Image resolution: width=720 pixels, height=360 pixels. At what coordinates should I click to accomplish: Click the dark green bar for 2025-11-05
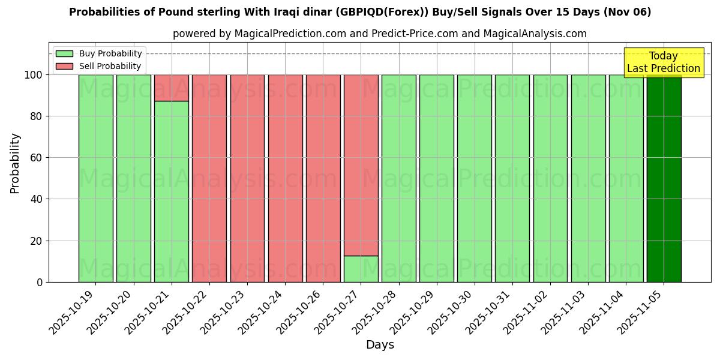pos(664,178)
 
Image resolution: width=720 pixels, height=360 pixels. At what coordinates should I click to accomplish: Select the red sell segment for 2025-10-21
pos(172,88)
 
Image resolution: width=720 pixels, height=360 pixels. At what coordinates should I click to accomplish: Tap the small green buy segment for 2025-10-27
pos(361,269)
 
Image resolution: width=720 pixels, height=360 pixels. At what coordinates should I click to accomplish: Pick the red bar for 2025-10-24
pos(285,178)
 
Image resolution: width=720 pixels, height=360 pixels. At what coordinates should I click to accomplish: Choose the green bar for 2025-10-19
pos(95,178)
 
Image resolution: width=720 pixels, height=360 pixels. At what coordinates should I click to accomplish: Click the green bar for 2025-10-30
pos(475,178)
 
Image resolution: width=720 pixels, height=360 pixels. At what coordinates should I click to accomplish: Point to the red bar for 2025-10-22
pos(209,178)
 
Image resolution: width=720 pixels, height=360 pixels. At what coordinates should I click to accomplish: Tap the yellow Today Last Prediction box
pos(663,62)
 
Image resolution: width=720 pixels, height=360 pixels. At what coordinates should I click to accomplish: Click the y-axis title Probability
pos(15,163)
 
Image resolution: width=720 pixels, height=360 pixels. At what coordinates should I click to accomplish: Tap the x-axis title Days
pos(380,345)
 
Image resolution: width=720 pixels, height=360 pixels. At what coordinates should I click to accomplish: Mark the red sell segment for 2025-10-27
pos(361,165)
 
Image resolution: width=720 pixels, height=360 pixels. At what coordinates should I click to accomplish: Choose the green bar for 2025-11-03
pos(589,178)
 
